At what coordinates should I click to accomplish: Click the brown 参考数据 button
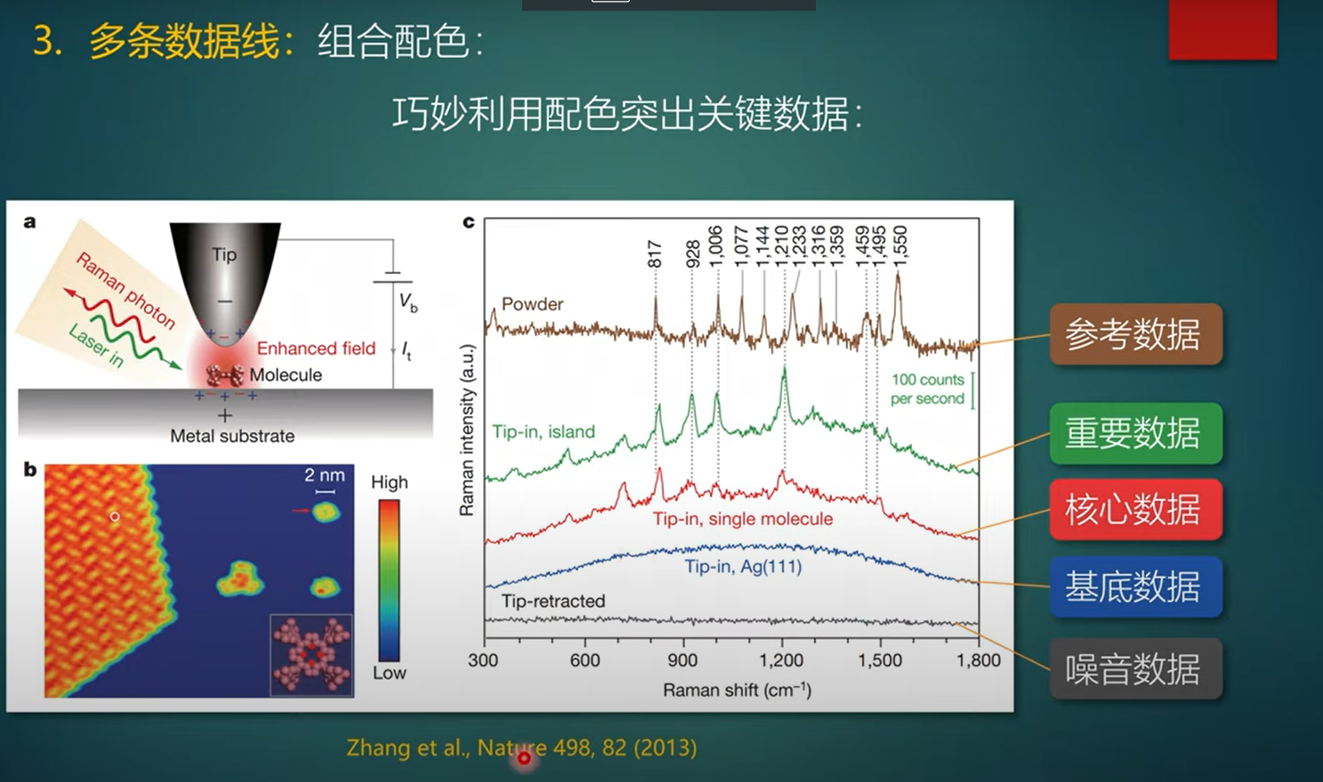(1135, 335)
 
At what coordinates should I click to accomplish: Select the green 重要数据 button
(1135, 434)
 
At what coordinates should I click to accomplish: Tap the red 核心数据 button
(1135, 510)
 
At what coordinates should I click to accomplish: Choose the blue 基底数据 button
(1135, 587)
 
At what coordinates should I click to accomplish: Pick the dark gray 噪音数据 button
(1135, 669)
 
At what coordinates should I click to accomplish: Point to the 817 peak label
(655, 254)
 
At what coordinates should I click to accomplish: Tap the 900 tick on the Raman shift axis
(683, 661)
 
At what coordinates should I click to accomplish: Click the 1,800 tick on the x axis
(979, 661)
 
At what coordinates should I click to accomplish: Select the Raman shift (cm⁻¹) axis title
(737, 690)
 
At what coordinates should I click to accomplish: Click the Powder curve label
(532, 304)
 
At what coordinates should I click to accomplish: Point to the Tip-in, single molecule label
(743, 519)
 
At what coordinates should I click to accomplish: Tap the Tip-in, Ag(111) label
(743, 567)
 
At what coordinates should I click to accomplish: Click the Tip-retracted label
(553, 601)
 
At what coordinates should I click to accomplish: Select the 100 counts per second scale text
(927, 390)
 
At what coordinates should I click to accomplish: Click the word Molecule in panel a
(286, 375)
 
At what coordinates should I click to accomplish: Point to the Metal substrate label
(232, 436)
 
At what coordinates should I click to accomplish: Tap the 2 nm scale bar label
(325, 476)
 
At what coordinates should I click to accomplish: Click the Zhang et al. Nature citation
(521, 748)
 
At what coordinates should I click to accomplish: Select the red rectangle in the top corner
(1222, 28)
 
